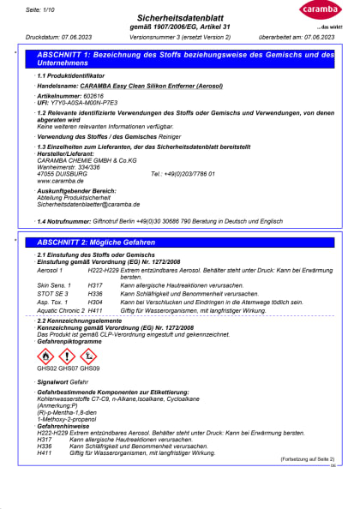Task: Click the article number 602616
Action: (88, 98)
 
